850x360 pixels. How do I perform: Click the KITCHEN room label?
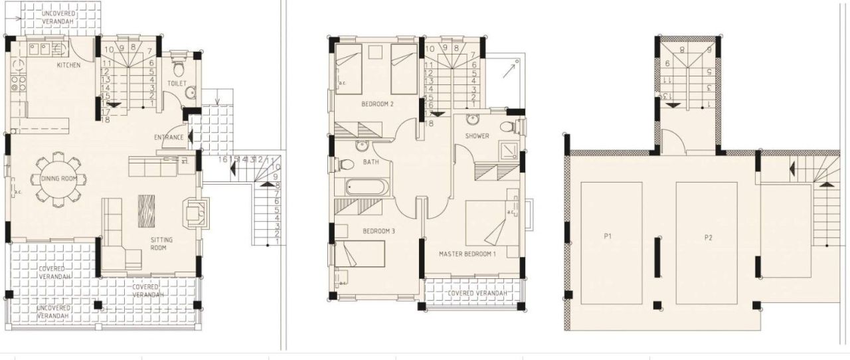[68, 65]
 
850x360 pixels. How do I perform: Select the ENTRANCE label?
[169, 137]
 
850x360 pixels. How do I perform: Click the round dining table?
[56, 178]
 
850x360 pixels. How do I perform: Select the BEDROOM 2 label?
[377, 104]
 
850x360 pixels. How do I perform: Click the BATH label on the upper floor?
[371, 161]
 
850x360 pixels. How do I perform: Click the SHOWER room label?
[477, 136]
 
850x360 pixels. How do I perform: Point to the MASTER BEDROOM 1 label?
[468, 254]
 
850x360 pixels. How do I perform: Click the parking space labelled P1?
[607, 236]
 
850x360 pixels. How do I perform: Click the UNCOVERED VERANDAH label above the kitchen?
[58, 17]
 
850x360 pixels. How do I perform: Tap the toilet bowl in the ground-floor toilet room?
[178, 69]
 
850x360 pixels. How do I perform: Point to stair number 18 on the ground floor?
[106, 119]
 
